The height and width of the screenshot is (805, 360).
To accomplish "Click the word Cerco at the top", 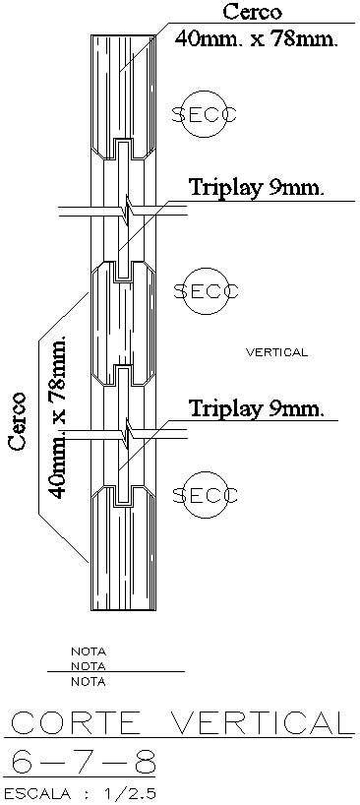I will pyautogui.click(x=252, y=13).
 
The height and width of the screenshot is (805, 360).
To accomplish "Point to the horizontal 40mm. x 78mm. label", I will pyautogui.click(x=256, y=39).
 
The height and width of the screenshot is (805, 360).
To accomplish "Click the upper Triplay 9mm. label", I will pyautogui.click(x=257, y=187).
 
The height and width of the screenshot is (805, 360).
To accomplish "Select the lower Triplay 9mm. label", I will pyautogui.click(x=257, y=406).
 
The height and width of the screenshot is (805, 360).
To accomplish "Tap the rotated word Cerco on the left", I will pyautogui.click(x=18, y=420).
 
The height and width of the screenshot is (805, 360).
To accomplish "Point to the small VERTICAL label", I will pyautogui.click(x=276, y=351).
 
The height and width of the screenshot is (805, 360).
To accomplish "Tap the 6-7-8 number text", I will pyautogui.click(x=78, y=761).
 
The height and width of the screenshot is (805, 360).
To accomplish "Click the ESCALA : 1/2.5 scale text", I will pyautogui.click(x=80, y=792).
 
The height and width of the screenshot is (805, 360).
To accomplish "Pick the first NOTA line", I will pyautogui.click(x=88, y=650).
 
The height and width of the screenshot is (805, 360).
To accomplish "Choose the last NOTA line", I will pyautogui.click(x=88, y=681).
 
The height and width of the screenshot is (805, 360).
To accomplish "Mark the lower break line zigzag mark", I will pyautogui.click(x=125, y=430).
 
